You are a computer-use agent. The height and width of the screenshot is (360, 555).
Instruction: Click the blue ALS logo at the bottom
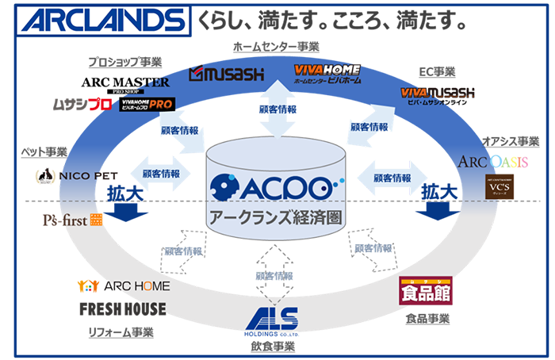tap(273, 320)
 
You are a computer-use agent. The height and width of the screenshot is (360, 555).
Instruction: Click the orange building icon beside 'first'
tap(97, 220)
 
